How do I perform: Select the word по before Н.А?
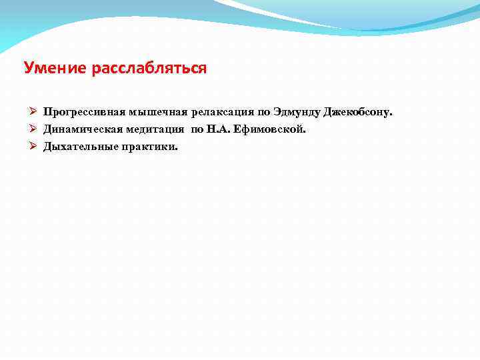point(197,128)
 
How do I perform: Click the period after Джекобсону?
point(391,114)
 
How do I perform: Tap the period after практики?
point(177,147)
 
